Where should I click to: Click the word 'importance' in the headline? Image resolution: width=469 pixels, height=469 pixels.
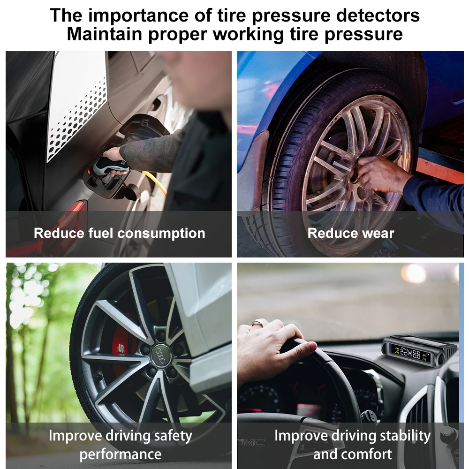coord(136,15)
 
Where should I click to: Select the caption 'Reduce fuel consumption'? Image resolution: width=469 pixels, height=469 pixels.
coord(119,233)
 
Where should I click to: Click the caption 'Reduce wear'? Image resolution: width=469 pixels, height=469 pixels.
coord(351,233)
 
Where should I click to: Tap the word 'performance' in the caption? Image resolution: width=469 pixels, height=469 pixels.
coord(120,454)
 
